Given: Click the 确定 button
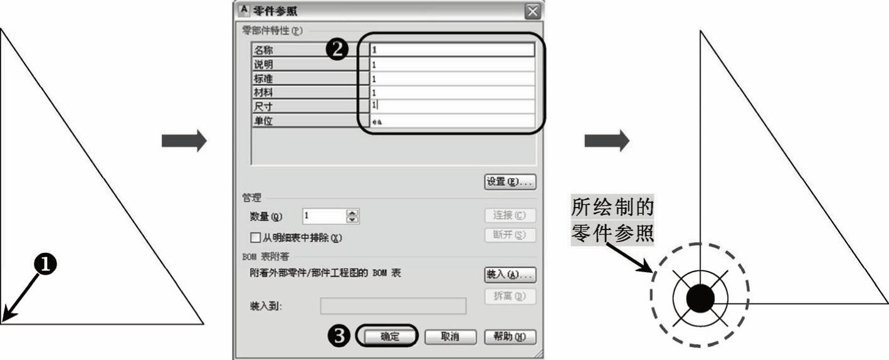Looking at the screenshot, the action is click(390, 337).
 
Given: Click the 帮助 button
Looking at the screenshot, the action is click(510, 337).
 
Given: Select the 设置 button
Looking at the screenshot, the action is click(510, 182).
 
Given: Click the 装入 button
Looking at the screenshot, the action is click(510, 274).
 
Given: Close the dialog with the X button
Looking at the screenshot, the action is click(533, 11).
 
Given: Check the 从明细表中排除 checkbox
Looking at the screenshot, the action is click(255, 238).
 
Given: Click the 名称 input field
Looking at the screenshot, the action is click(452, 50).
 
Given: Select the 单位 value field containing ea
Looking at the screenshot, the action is click(452, 120).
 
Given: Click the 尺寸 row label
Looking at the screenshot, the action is click(263, 107).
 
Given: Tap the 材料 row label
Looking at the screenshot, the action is click(263, 92).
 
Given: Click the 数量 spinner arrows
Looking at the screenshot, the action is click(352, 216).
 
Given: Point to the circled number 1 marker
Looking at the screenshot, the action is click(45, 264).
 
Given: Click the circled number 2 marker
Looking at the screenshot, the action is click(337, 49).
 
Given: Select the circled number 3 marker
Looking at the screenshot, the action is click(339, 336).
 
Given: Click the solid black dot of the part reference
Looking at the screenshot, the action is click(700, 298).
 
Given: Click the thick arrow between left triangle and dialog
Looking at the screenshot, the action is click(184, 140).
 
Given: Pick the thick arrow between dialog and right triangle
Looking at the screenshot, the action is click(607, 140).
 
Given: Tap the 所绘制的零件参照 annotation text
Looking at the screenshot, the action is click(613, 220).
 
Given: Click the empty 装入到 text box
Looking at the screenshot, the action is click(393, 306).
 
